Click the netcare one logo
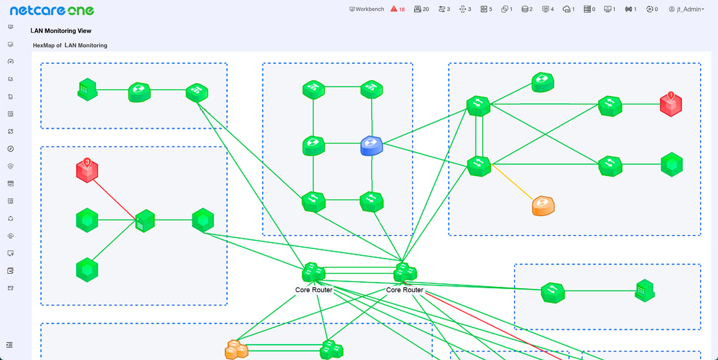(52, 10)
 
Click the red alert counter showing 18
(398, 9)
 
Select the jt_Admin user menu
(686, 9)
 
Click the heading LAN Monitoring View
(61, 31)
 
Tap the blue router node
(371, 146)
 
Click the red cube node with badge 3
(87, 171)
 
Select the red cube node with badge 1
(670, 104)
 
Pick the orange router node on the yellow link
(543, 206)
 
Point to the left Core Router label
(314, 290)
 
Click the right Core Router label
(404, 290)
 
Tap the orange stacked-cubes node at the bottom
(236, 349)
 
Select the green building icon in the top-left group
(87, 89)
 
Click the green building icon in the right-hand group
(645, 290)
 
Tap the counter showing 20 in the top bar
(421, 9)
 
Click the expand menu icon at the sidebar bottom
(10, 345)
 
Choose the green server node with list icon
(145, 221)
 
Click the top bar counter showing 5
(486, 9)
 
